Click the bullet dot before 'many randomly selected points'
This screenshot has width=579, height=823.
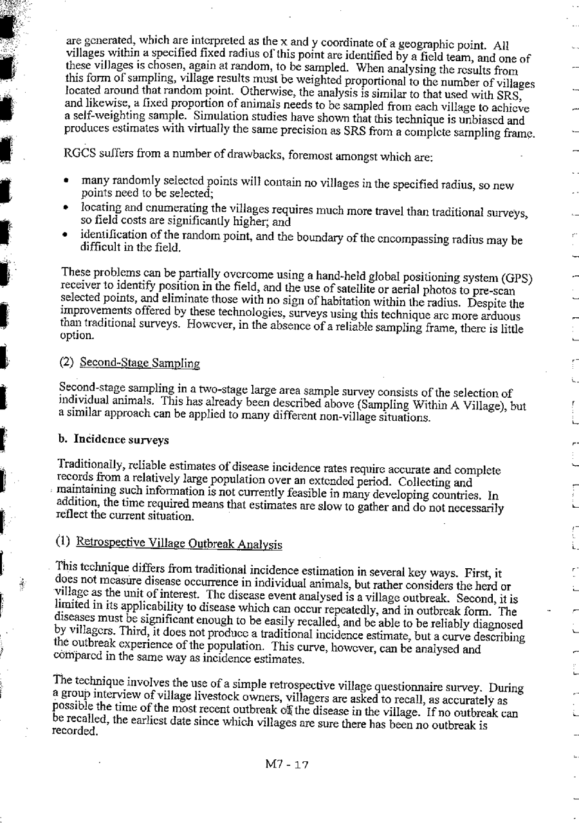(67, 182)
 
